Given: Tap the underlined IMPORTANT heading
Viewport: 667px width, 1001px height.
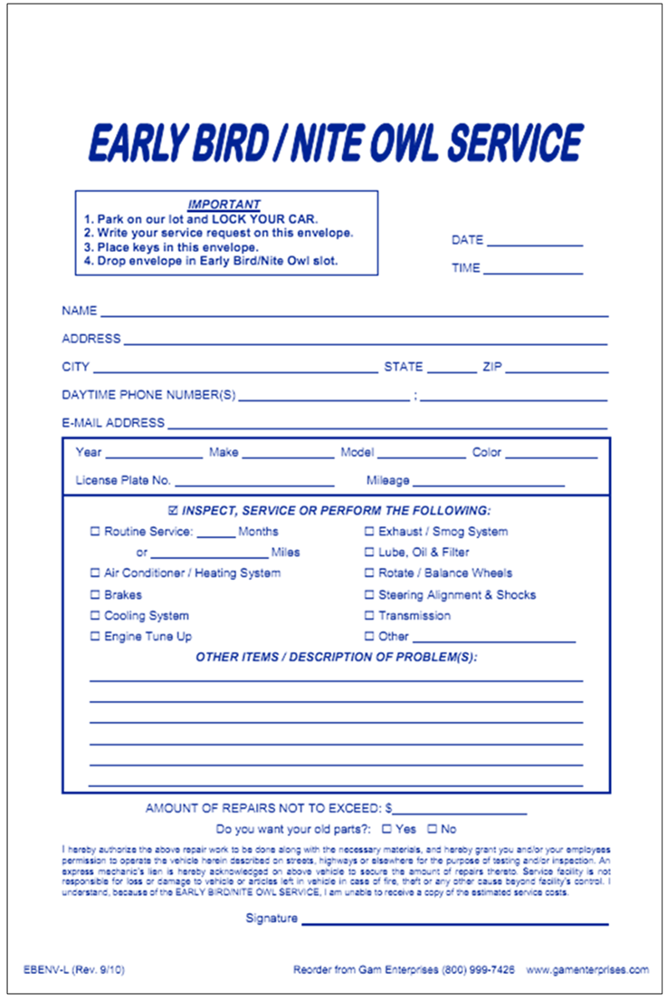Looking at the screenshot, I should pos(224,205).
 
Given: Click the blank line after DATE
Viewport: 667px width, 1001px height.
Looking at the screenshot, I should pos(535,242).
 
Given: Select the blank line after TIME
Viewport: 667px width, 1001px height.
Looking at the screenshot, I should pos(533,270).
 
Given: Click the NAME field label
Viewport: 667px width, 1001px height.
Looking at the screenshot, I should pos(79,311).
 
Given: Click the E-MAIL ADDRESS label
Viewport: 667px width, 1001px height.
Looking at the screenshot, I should pos(113,423).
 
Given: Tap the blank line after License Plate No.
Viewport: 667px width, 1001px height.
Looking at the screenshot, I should pos(254,483).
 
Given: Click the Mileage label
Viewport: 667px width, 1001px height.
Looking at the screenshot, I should pos(387,481).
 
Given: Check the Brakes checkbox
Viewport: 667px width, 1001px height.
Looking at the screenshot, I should pos(95,595).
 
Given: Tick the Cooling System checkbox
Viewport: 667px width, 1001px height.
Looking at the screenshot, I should pos(95,616).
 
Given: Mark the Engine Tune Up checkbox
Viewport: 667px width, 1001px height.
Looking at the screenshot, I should pos(95,637).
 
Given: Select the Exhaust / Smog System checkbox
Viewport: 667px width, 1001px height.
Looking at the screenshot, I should pos(369,532).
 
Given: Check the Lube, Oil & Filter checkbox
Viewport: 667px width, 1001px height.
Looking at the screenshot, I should pos(369,553).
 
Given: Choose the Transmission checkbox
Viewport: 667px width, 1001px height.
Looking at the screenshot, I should pos(369,616).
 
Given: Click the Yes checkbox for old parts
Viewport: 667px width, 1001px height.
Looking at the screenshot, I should pos(386,829).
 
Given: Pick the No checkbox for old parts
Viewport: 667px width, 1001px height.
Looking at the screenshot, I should pos(432,829).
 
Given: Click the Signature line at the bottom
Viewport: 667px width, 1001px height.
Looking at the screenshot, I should pos(454,921).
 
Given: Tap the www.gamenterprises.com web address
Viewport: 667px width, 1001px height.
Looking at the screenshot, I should pos(587,970).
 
